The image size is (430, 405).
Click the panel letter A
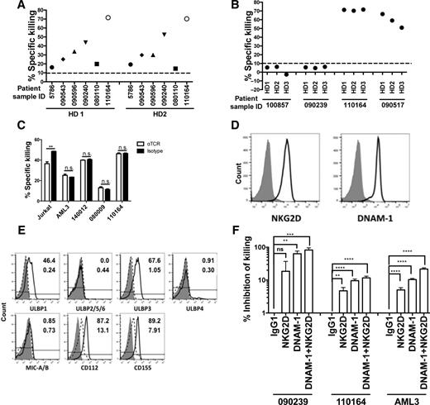coord(7,7)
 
